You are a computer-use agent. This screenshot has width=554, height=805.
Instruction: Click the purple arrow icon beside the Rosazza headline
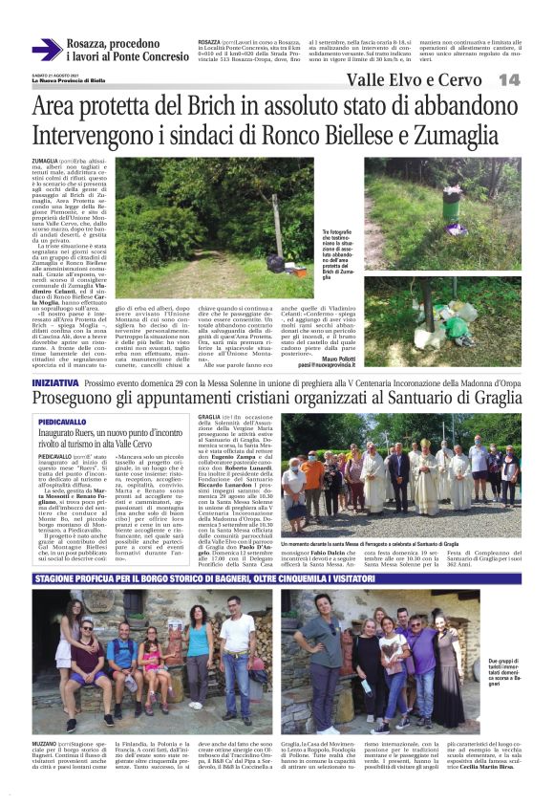(46, 50)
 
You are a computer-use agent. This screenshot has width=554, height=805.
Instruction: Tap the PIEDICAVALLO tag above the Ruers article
(87, 421)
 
